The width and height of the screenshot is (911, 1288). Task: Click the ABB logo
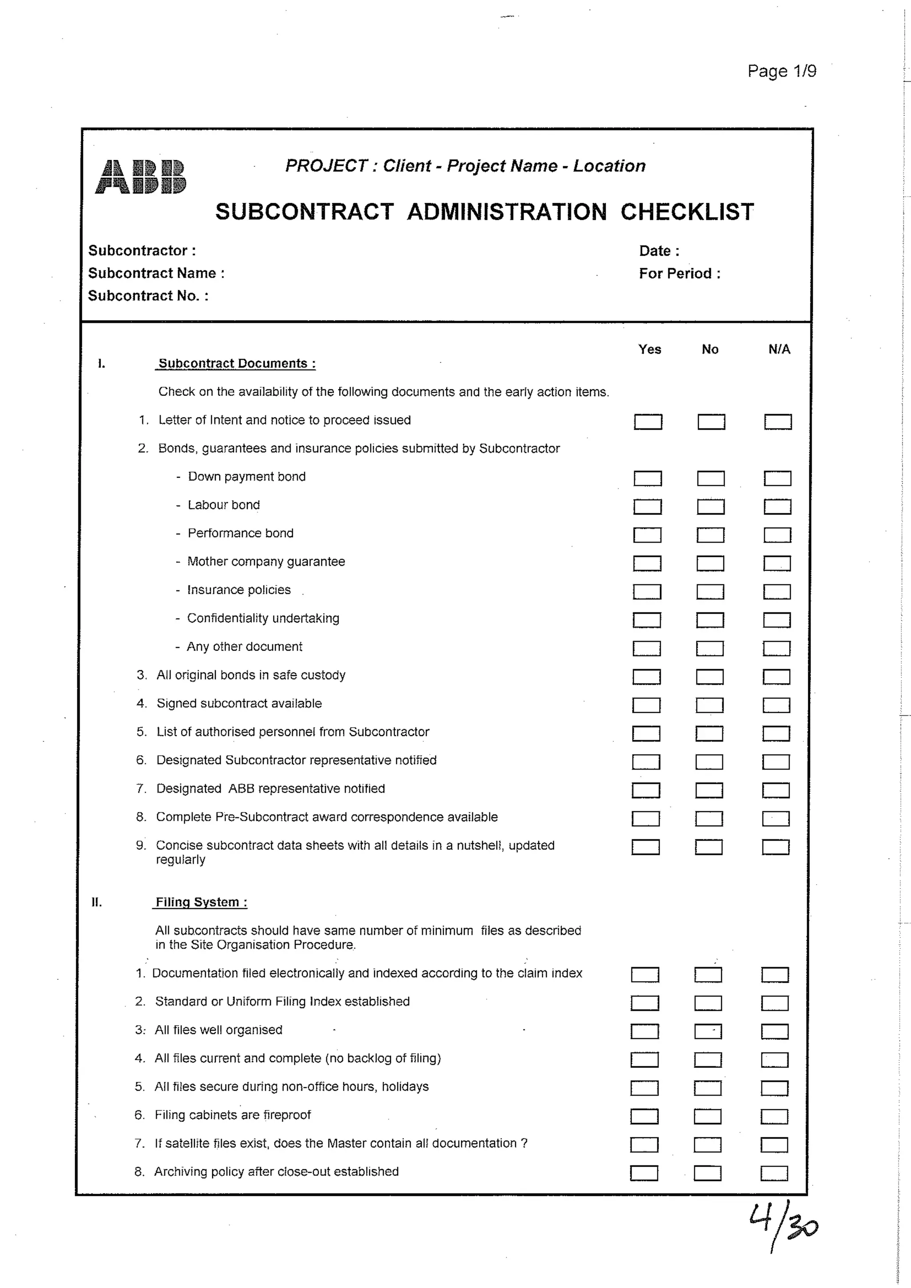[140, 177]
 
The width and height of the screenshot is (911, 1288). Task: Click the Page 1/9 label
[782, 71]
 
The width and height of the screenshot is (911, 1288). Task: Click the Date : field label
[659, 251]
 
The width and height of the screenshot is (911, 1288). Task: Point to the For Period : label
[679, 274]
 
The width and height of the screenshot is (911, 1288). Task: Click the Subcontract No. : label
[148, 296]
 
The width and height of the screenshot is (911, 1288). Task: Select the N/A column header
[778, 350]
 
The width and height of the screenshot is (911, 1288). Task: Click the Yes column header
[649, 350]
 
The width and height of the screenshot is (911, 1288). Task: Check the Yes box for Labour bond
[647, 507]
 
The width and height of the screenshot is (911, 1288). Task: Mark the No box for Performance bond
[710, 535]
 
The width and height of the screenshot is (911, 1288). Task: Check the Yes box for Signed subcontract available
[646, 705]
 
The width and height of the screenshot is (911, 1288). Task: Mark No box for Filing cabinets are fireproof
[707, 1116]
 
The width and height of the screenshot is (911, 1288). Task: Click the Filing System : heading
[201, 902]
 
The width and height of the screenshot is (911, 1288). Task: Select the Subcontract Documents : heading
[236, 363]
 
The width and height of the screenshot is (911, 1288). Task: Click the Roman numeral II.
[97, 902]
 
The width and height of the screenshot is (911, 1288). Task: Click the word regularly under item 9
[180, 860]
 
